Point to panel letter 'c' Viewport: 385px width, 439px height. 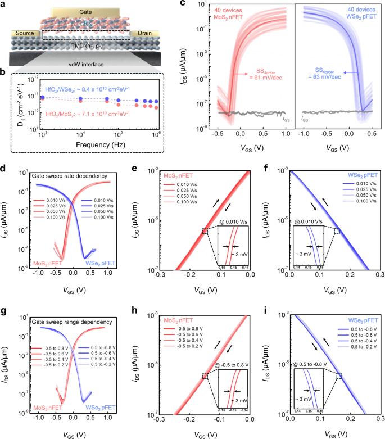pyautogui.click(x=183, y=4)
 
